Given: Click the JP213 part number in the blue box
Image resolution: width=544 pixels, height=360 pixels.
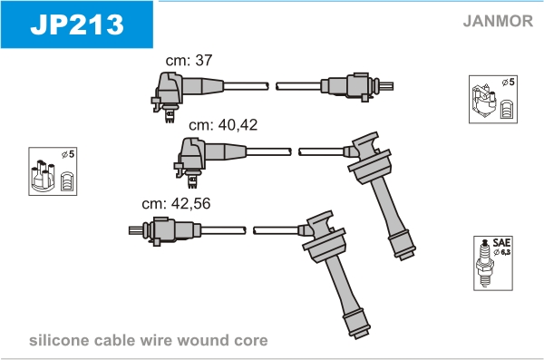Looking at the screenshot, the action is (x=77, y=24).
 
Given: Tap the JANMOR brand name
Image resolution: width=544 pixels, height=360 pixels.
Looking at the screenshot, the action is (x=498, y=21).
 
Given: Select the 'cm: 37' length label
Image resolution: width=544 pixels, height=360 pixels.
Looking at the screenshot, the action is (x=189, y=60).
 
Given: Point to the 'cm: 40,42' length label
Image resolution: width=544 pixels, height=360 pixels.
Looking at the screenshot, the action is (x=223, y=124).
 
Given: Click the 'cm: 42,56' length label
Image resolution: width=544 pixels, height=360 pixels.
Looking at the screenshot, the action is (x=176, y=203).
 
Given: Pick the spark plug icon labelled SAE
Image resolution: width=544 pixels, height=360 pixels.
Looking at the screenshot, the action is (x=485, y=263).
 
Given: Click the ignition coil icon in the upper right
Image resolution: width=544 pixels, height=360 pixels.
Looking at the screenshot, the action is (x=483, y=101).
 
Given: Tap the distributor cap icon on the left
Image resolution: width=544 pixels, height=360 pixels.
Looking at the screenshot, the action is (x=43, y=176).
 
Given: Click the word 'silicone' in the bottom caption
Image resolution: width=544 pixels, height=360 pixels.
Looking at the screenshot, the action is (x=59, y=340).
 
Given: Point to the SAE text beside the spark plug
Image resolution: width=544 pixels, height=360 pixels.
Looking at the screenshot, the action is (x=501, y=242).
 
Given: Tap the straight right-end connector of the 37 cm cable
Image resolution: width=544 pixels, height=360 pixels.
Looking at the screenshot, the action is (x=357, y=86).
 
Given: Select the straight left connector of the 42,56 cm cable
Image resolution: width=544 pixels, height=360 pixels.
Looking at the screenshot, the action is (x=165, y=230).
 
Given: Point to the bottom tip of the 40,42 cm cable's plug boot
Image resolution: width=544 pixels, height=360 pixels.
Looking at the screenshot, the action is (x=406, y=257).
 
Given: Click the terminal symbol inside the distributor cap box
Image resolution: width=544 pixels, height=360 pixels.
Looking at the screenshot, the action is (x=66, y=180).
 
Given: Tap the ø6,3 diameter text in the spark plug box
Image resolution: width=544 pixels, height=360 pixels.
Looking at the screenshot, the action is (x=502, y=252).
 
